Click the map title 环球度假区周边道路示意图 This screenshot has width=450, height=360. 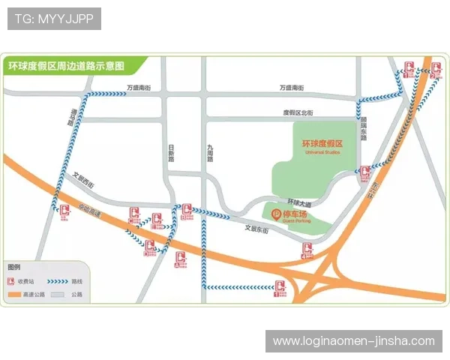coord(66,66)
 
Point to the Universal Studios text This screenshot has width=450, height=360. coord(322,152)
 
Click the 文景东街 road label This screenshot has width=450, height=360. coord(256,230)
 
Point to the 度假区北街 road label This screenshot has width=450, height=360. coord(298,112)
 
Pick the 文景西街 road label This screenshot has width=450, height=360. coord(85,181)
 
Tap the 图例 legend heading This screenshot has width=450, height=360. coord(14,267)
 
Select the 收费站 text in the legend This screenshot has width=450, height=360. coord(25,280)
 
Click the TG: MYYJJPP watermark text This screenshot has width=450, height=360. coord(54,19)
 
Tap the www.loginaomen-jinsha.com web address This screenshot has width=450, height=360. coord(353,341)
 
